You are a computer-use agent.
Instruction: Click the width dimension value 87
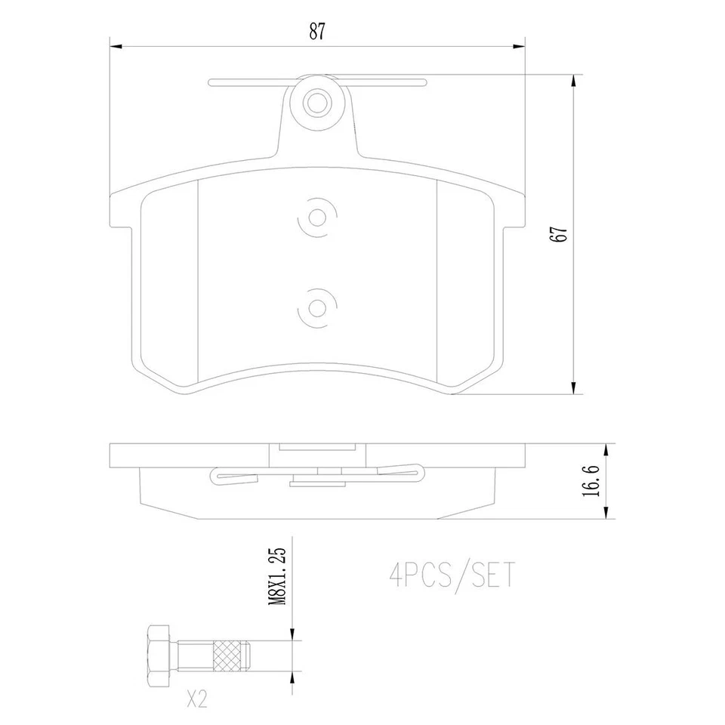tap(317, 31)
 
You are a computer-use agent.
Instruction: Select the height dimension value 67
tap(560, 235)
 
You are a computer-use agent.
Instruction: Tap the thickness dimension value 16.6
tap(591, 481)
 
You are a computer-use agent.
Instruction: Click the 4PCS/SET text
tap(452, 576)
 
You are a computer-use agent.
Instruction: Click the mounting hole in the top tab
tap(317, 104)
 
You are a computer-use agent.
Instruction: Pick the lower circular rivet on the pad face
tap(317, 308)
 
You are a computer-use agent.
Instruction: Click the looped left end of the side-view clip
tap(214, 476)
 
